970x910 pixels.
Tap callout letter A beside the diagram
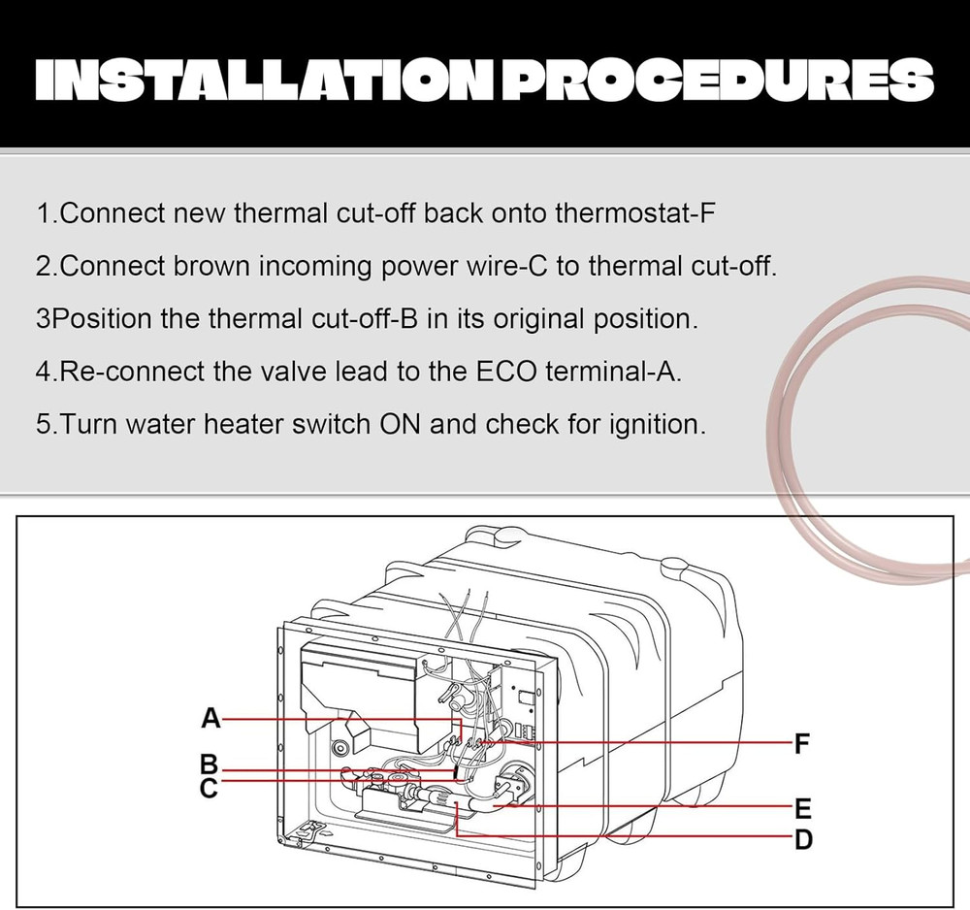[210, 718]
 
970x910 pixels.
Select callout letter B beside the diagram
[210, 765]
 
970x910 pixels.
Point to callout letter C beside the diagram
[210, 788]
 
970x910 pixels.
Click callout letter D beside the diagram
[803, 839]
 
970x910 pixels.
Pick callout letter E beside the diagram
[802, 808]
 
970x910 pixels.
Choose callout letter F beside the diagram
[802, 743]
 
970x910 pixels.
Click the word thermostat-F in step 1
[634, 213]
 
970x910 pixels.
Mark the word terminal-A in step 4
[614, 372]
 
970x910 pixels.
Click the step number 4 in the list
[44, 372]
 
